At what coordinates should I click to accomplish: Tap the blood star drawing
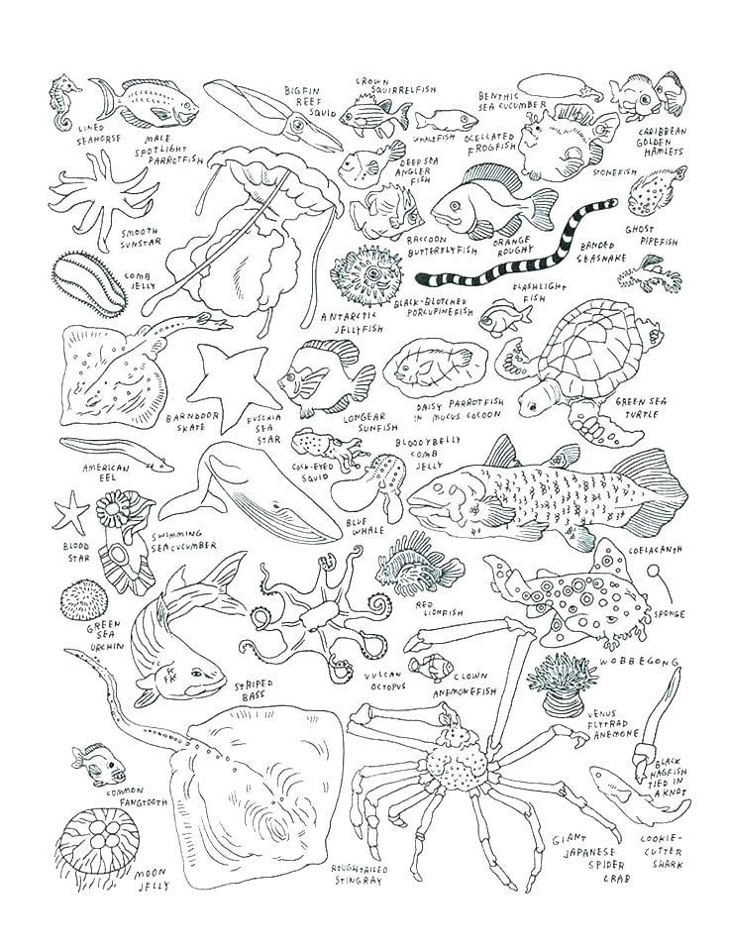[70, 512]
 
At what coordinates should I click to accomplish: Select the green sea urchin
[83, 600]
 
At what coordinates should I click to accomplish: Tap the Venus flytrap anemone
[562, 683]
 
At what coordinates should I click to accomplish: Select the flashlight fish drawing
[504, 320]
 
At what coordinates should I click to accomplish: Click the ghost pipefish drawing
[651, 273]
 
